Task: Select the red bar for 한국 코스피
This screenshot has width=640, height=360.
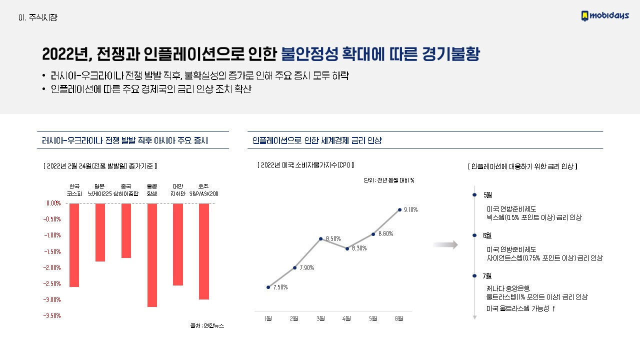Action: pos(74,245)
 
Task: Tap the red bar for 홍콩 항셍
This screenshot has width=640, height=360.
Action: pos(152,255)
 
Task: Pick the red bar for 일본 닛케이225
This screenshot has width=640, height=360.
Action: pos(100,232)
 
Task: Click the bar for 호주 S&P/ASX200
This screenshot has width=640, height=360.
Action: pos(203,251)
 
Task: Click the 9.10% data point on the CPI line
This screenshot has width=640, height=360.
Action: pos(399,209)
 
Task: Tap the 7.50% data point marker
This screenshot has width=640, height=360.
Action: pos(268,287)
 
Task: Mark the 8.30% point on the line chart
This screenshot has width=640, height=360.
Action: pos(347,248)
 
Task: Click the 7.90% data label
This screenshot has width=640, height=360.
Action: pos(307,268)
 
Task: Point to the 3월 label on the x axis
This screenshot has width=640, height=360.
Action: pos(320,318)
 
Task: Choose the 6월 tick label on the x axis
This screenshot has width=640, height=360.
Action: pos(399,318)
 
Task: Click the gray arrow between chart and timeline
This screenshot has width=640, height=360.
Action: pos(445,244)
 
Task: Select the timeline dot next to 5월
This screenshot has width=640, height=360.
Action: pos(474,195)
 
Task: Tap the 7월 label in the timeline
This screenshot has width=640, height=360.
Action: pos(487,275)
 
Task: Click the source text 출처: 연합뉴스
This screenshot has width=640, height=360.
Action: pos(207,325)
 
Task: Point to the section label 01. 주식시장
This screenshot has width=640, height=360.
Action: pos(37,17)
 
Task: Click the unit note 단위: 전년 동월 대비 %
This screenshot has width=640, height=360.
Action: pos(389,180)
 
